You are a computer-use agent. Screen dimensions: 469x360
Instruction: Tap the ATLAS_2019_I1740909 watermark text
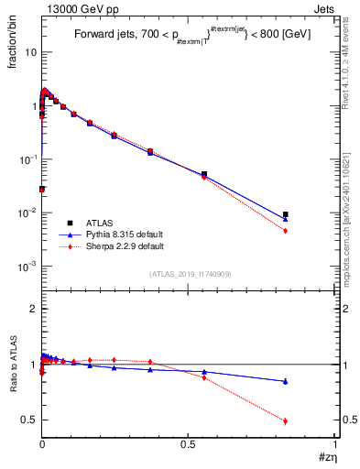190,274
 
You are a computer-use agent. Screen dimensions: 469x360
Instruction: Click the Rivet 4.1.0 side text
351,64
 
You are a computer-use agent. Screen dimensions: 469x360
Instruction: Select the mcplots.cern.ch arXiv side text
351,202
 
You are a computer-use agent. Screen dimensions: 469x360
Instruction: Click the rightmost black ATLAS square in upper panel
286,214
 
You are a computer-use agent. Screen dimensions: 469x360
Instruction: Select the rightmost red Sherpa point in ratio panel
286,421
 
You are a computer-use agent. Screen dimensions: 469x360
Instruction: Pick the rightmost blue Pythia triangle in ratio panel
286,381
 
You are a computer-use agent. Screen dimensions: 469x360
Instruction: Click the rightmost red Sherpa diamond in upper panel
286,231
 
